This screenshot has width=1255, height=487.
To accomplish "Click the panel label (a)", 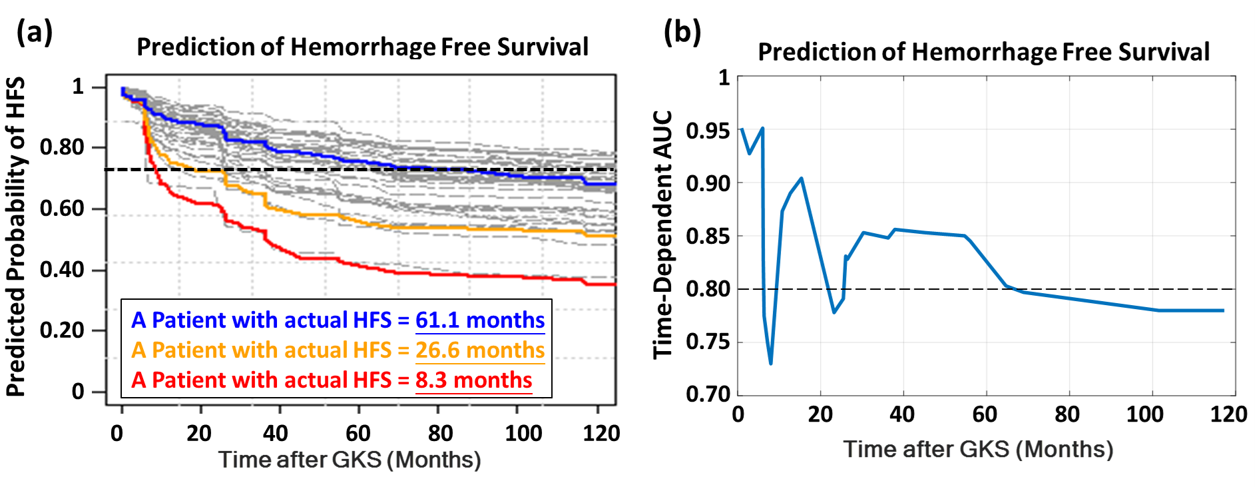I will pos(34,31).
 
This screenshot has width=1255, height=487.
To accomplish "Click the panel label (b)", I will pos(682,31).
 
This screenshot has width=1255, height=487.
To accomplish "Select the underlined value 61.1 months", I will pos(480,320).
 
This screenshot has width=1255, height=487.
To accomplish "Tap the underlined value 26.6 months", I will pos(480,350).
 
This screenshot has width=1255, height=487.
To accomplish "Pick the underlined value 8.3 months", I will pos(473,380).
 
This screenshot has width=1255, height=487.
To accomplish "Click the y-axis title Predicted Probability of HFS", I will pos(16,237).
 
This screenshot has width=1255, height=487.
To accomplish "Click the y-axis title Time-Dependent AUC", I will pos(663,235).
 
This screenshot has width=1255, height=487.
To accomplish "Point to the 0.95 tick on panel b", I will pos(708,131).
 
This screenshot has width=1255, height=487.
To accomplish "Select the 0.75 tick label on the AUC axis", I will pos(708,342).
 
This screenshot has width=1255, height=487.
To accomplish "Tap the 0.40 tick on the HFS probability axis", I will pos(62,270).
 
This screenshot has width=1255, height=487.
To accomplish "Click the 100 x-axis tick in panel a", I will pos(523,434).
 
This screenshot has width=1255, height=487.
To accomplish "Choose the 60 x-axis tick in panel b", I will pos(985,414).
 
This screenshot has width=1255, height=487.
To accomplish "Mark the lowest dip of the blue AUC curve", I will pos(771,364).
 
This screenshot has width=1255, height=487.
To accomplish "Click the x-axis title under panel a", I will pos(350,460).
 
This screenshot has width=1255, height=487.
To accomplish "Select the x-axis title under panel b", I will pos(978,449).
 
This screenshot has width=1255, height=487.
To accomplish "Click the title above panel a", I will pos(362,47).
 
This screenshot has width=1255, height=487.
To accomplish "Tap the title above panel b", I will pos(983,52).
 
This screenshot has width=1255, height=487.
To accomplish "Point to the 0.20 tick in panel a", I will pos(62,330).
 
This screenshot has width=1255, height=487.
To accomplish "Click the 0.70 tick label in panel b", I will pos(708,394).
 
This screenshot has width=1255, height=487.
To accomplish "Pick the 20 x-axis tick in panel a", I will pos(199,434).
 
